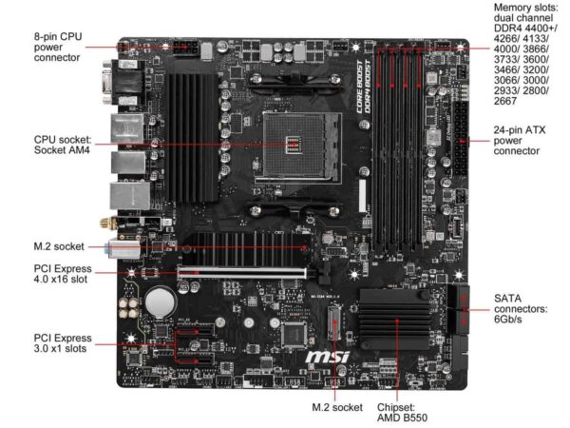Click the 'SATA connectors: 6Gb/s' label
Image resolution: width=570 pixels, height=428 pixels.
521,309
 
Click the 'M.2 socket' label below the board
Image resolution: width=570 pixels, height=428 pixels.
337,407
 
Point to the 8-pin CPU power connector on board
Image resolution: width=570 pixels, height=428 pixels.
180,47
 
